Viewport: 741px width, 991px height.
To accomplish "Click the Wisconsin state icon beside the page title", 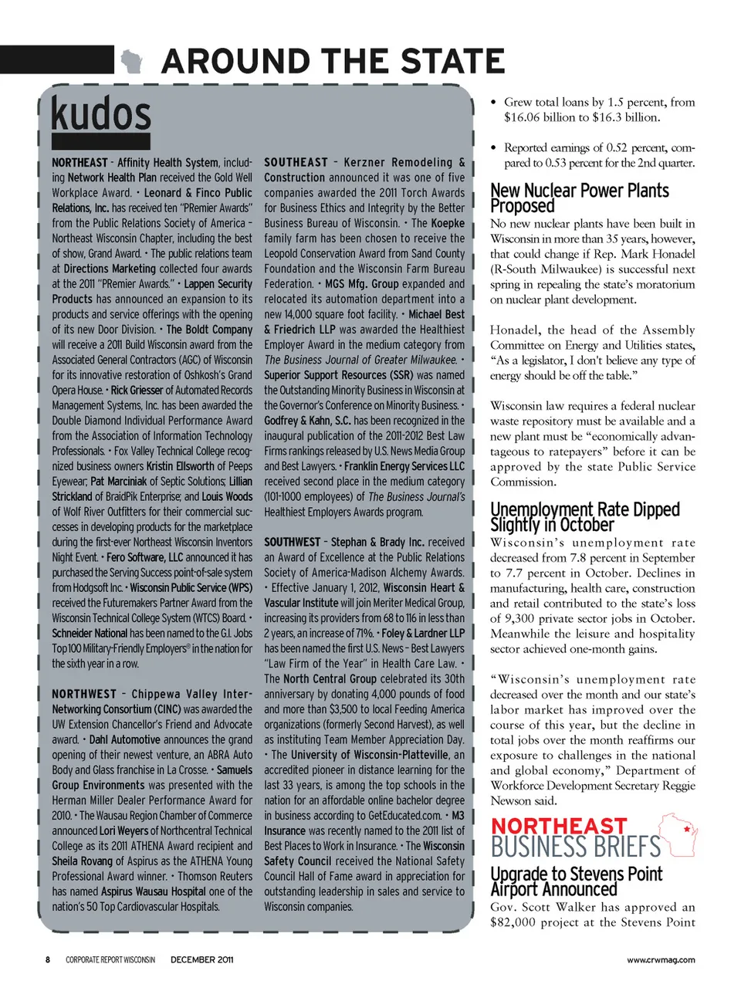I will click(132, 60).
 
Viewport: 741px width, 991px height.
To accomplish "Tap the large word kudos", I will click(101, 114).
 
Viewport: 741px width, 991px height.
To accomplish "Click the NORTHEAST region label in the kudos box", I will click(80, 163).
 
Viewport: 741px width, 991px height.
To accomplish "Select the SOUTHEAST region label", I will click(296, 163).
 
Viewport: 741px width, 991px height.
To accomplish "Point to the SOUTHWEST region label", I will click(293, 543).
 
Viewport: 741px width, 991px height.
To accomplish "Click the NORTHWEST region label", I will click(84, 695).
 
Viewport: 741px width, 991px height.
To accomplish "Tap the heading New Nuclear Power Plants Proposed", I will click(580, 198).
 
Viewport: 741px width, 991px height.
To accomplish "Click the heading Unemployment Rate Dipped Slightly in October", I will click(585, 517).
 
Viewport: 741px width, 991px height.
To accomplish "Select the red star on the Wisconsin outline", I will click(686, 829).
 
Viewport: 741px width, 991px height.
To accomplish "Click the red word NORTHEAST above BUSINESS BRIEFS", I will click(559, 827).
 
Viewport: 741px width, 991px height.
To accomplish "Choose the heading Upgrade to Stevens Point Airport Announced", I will click(577, 881).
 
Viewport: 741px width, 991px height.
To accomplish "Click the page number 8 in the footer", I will click(47, 959).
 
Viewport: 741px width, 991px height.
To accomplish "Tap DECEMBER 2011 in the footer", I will click(201, 959).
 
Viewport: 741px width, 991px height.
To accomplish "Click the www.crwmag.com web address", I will click(661, 959).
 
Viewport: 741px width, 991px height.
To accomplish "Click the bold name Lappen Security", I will click(218, 284).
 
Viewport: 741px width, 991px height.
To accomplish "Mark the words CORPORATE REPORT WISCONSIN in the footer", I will click(110, 959).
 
